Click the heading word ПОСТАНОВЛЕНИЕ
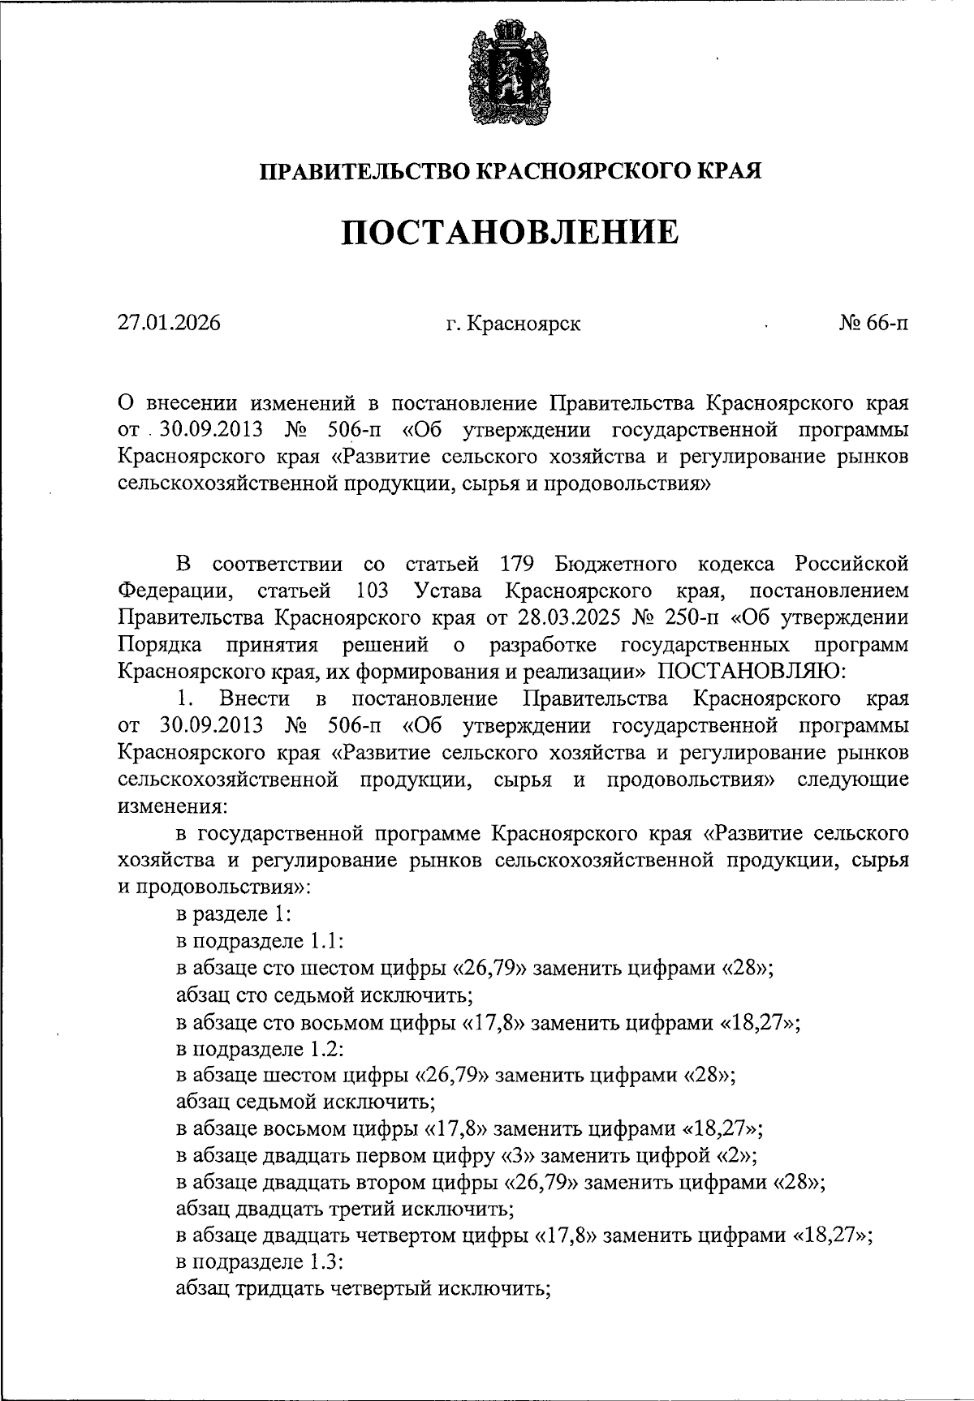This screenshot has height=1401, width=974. pyautogui.click(x=510, y=233)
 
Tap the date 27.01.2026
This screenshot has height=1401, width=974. pyautogui.click(x=169, y=324)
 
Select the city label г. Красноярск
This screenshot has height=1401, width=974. pyautogui.click(x=513, y=324)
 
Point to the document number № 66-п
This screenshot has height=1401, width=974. pyautogui.click(x=873, y=324)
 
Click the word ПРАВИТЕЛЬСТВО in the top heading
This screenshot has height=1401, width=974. pyautogui.click(x=364, y=171)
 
